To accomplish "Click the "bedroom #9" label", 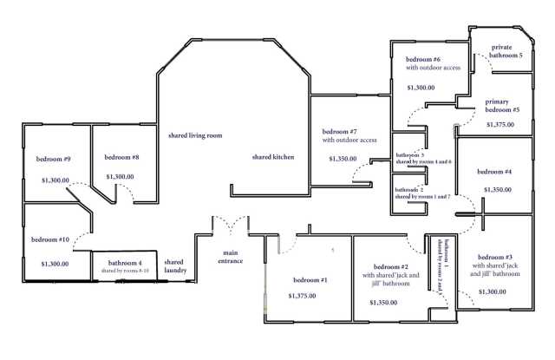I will click(x=53, y=159).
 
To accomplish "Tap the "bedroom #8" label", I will click(x=121, y=157).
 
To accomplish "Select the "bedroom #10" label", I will click(x=50, y=239).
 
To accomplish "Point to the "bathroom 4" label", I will click(x=124, y=263).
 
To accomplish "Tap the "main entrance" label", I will click(x=230, y=256).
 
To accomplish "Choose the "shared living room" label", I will click(x=195, y=135).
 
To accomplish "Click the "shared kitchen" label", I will click(x=273, y=157).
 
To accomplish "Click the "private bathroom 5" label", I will click(x=506, y=50).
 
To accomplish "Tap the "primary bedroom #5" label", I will click(x=502, y=106).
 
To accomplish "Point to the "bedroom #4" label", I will click(x=495, y=172).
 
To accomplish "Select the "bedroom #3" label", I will click(x=497, y=258).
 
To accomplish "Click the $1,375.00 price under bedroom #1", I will click(x=302, y=296).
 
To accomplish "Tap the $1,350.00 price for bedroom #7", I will click(x=344, y=159).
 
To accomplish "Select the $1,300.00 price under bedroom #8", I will click(x=120, y=176).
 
